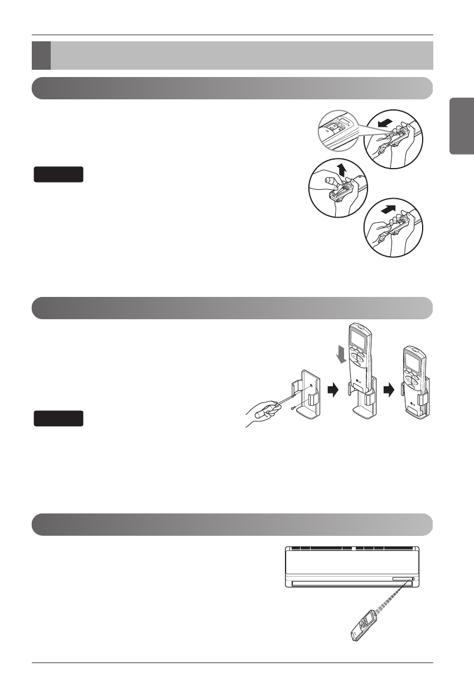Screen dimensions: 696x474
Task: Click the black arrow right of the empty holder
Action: (332, 390)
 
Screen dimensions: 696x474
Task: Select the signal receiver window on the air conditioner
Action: (403, 579)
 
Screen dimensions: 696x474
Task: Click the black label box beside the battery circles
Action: (59, 174)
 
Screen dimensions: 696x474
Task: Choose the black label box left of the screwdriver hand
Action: (59, 418)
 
